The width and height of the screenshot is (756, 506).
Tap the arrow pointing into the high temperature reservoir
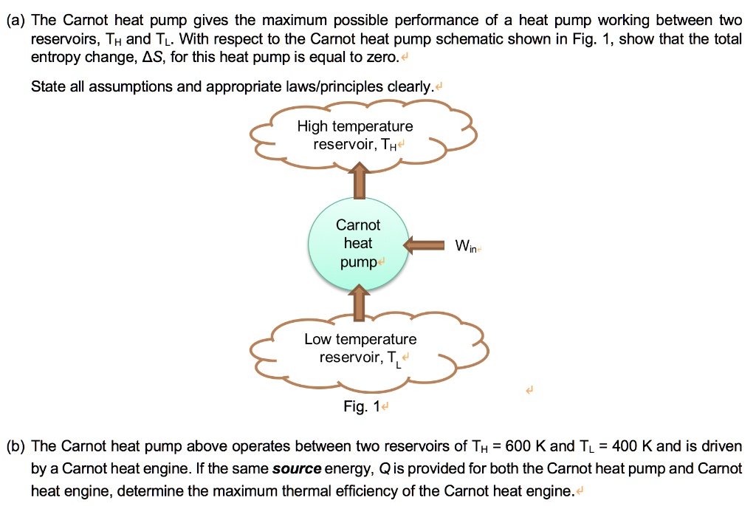point(359,181)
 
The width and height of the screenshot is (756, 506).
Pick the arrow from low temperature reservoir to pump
point(359,304)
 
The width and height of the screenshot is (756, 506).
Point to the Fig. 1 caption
point(361,407)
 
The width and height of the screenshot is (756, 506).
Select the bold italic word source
point(297,469)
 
